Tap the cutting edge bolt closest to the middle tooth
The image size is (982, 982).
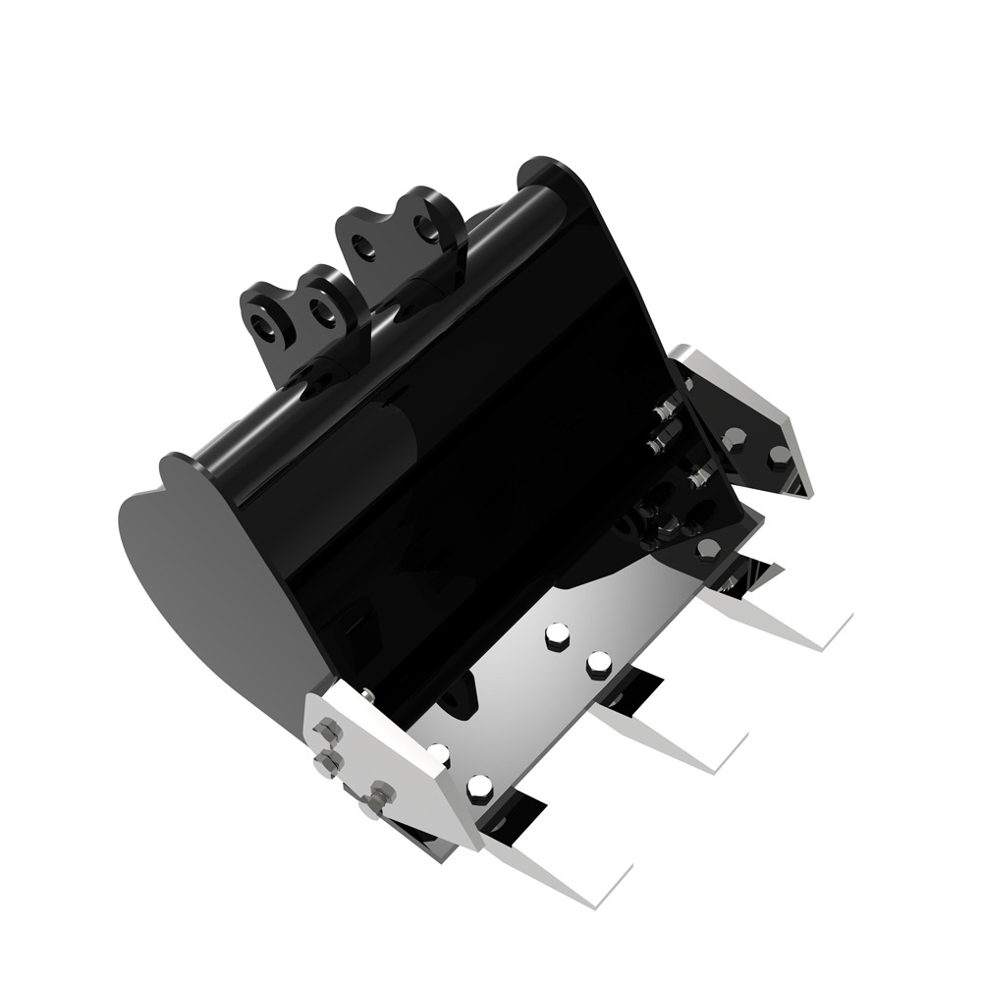tap(599, 666)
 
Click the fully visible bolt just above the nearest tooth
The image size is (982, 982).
tap(480, 787)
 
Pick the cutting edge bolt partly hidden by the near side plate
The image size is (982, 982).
tap(438, 753)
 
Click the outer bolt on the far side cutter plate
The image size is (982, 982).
tap(779, 457)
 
